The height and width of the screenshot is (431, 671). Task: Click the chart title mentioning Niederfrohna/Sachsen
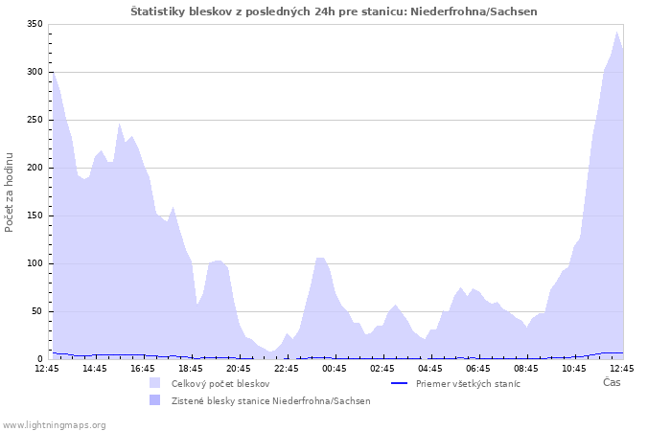point(334,11)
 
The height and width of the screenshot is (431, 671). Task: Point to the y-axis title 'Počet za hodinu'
point(10,192)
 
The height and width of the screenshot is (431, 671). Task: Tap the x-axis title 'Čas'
point(612,383)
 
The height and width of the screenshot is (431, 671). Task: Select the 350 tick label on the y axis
point(34,24)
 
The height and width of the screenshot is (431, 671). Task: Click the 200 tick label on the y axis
point(34,168)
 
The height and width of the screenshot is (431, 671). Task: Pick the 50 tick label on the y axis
point(36,311)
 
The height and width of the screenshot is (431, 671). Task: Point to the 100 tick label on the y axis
point(34,263)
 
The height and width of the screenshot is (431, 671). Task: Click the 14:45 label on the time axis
point(95,368)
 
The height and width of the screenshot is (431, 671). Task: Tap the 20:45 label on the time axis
point(239,368)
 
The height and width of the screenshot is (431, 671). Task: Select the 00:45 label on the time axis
point(335,368)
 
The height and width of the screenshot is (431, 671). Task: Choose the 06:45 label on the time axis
point(478,368)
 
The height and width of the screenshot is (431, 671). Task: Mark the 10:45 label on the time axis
point(574,368)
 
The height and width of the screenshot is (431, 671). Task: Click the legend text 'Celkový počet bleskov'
point(220,383)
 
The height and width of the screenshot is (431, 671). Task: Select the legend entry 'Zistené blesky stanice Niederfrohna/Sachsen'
point(270,400)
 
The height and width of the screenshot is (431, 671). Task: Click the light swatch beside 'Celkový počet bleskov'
point(155,383)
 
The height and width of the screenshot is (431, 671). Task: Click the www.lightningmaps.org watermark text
point(54,424)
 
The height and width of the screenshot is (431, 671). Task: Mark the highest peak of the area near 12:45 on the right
point(617,32)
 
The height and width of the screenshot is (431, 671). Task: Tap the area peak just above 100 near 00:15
point(320,258)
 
